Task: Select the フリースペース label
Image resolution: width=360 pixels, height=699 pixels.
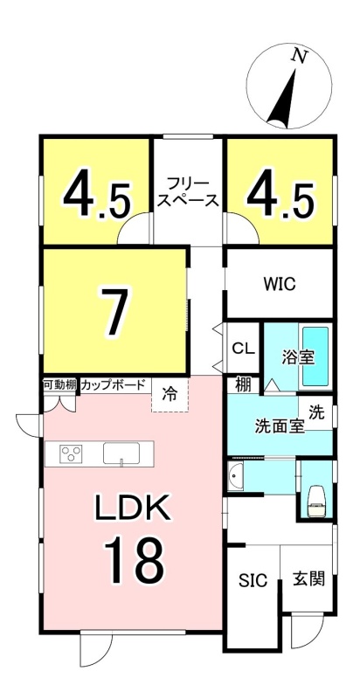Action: pyautogui.click(x=188, y=191)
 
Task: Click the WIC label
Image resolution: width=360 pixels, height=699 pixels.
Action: pyautogui.click(x=280, y=284)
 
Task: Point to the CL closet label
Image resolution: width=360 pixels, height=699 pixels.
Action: pyautogui.click(x=244, y=348)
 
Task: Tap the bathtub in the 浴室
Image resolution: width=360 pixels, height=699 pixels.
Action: pyautogui.click(x=315, y=356)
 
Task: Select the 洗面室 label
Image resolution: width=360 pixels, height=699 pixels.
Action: pyautogui.click(x=280, y=426)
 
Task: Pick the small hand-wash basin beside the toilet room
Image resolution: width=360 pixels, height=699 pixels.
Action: pyautogui.click(x=235, y=477)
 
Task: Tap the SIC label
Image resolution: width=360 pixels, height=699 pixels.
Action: pyautogui.click(x=253, y=580)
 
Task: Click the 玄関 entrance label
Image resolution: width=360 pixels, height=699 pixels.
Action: pyautogui.click(x=308, y=579)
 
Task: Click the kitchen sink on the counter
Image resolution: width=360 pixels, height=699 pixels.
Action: pyautogui.click(x=121, y=453)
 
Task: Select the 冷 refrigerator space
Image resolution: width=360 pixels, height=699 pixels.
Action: pyautogui.click(x=170, y=395)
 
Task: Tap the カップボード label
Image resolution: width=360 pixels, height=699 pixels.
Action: pyautogui.click(x=114, y=384)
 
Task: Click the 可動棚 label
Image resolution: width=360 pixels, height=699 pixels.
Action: pyautogui.click(x=59, y=384)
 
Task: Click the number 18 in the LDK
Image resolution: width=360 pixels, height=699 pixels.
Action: pyautogui.click(x=135, y=559)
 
